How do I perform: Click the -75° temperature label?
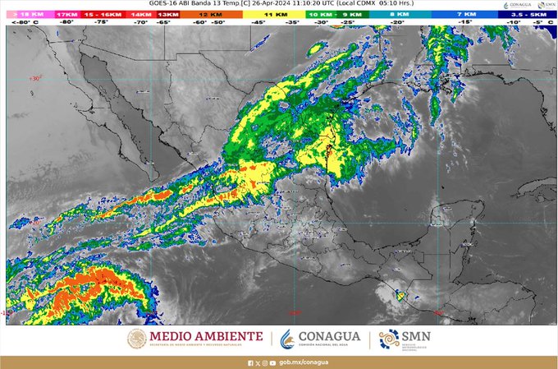102,23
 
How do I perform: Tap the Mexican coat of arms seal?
137,339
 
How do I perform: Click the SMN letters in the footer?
414,335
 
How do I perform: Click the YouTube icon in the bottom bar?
272,362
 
